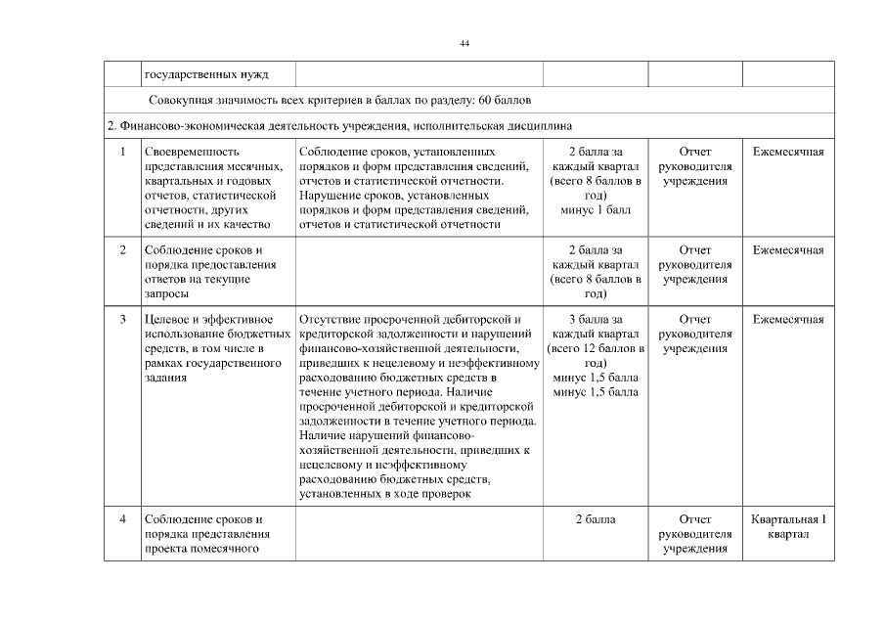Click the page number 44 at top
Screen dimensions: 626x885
[x=465, y=43]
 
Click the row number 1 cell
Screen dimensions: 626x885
[x=122, y=153]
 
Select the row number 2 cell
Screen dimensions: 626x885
[x=122, y=250]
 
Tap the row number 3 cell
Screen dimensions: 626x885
[x=122, y=320]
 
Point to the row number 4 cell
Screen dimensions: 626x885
[x=122, y=519]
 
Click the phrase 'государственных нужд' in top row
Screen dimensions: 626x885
[x=205, y=74]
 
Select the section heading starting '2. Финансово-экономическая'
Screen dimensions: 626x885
[x=338, y=126]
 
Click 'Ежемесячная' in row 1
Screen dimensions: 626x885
[x=788, y=153]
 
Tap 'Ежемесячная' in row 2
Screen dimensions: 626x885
[x=788, y=250]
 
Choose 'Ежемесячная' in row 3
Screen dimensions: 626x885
[x=788, y=320]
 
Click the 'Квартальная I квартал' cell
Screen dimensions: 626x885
[x=788, y=526]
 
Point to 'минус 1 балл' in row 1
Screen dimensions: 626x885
[x=596, y=210]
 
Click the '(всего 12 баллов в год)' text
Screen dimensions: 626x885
[x=596, y=355]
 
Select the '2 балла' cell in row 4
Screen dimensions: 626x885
[x=596, y=519]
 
